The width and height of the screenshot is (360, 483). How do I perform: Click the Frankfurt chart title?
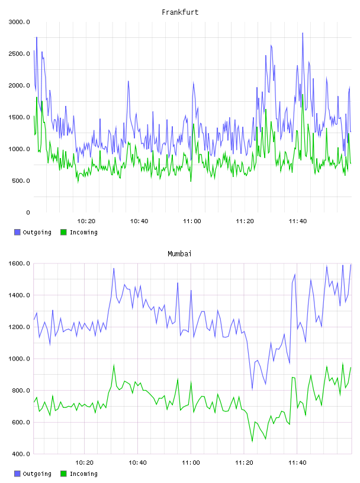pos(180,12)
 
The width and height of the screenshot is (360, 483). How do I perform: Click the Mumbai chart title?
pos(179,253)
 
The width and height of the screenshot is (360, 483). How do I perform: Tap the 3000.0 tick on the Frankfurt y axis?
pos(19,22)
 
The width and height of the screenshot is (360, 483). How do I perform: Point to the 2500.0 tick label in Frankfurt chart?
pos(19,54)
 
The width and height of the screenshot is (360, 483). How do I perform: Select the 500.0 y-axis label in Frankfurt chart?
pos(21,181)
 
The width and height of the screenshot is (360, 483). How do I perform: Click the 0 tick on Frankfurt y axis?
pos(28,212)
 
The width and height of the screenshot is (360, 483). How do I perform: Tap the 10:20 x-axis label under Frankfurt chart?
pos(86,221)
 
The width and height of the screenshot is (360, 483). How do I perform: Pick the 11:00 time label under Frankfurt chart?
pos(192,221)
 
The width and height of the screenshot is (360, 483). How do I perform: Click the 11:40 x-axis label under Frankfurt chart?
pos(297,221)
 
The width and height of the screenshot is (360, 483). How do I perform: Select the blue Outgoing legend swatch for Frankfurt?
pos(17,232)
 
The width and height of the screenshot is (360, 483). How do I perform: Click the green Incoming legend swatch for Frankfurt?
pos(63,232)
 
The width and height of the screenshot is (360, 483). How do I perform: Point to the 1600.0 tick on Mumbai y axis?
pos(19,263)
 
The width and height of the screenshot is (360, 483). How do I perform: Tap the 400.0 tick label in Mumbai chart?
pos(21,454)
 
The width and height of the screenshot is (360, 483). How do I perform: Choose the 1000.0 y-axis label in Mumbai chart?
pos(19,359)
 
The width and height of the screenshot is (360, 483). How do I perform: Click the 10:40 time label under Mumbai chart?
pos(137,463)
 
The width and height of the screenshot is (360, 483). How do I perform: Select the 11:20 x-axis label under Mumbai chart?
pos(244,463)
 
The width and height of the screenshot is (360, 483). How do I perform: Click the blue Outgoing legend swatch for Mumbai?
pos(17,474)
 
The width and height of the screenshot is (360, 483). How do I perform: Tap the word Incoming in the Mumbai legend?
pos(83,474)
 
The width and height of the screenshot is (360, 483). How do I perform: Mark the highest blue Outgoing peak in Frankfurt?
pos(303,33)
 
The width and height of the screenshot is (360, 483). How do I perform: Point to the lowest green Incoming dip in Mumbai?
pos(252,442)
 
